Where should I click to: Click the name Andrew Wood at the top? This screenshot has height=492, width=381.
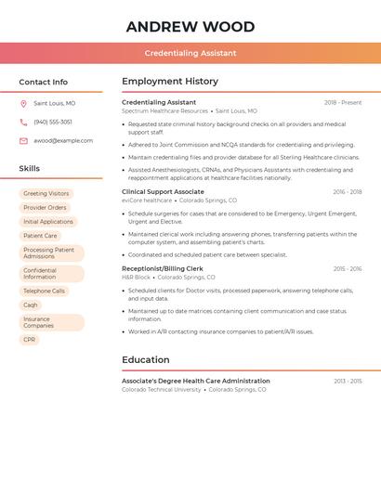point(190,26)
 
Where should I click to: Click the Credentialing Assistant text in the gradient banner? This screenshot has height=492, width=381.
point(190,53)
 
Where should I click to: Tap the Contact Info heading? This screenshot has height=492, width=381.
point(43,82)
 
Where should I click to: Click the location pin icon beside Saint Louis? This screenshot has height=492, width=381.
point(23,103)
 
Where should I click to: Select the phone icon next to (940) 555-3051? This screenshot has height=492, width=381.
point(23,122)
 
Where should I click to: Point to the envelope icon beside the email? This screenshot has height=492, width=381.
point(23,141)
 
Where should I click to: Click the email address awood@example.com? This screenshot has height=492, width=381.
point(63,141)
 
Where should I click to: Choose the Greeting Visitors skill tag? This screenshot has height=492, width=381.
point(46,194)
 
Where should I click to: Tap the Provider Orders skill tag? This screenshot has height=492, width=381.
point(45,208)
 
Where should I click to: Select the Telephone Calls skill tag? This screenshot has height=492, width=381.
point(45,291)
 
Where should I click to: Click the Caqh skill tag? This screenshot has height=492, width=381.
point(31,305)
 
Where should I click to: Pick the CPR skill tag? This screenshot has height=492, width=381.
point(30,340)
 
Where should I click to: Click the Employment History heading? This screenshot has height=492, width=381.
point(170,82)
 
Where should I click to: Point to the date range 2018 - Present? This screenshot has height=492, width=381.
point(343,102)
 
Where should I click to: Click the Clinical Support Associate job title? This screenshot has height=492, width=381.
point(163,191)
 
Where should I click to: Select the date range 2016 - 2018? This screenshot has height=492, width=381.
point(347,192)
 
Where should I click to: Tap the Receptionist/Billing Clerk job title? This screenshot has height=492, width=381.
point(163,268)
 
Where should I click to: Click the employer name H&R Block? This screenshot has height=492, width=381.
point(136,278)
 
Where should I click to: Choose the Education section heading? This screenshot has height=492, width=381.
point(146,360)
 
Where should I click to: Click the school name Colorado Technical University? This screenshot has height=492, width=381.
point(161,390)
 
